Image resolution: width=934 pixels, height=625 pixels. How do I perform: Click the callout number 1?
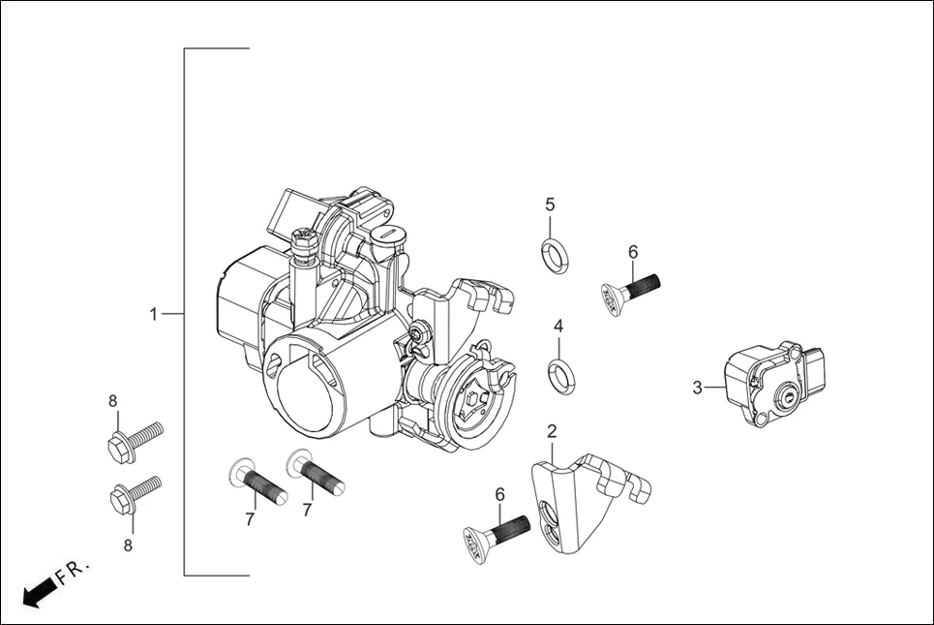pyautogui.click(x=153, y=315)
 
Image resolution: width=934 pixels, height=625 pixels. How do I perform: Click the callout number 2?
pyautogui.click(x=552, y=431)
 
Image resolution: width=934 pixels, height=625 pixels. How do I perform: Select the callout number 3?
pyautogui.click(x=697, y=389)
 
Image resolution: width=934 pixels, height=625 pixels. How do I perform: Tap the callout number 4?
pyautogui.click(x=558, y=327)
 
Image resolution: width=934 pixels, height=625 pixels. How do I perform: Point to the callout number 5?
pyautogui.click(x=550, y=204)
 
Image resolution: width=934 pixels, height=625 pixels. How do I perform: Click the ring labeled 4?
pyautogui.click(x=559, y=377)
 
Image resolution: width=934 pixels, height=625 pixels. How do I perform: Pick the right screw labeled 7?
pyautogui.click(x=316, y=472)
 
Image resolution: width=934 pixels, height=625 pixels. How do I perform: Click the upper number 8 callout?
pyautogui.click(x=112, y=400)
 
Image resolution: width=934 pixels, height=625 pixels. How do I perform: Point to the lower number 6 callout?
pyautogui.click(x=500, y=494)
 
